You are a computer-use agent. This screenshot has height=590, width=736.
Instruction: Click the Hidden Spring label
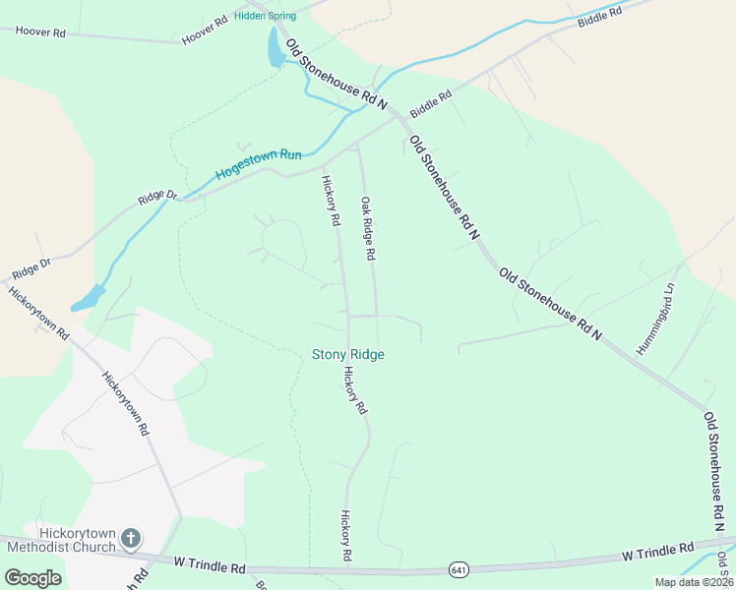(265, 16)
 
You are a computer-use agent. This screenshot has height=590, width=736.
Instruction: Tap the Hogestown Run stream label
(259, 162)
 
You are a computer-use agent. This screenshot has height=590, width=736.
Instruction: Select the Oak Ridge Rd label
(368, 228)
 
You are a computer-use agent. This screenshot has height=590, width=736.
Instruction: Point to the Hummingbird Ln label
(656, 320)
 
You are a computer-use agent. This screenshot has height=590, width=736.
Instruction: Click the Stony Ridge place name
(347, 354)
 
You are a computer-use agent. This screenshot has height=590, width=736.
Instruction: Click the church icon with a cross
(132, 539)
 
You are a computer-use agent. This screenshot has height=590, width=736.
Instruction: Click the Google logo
(32, 578)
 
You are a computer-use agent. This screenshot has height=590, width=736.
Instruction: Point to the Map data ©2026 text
(694, 582)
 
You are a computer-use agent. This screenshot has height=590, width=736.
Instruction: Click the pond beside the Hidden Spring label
(276, 47)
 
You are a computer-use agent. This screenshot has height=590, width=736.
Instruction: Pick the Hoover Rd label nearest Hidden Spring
(205, 30)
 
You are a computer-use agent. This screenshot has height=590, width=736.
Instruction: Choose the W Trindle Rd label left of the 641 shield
(210, 567)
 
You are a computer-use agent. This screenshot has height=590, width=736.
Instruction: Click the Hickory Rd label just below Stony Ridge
(355, 389)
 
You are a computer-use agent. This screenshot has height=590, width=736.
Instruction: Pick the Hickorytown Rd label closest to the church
(125, 402)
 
